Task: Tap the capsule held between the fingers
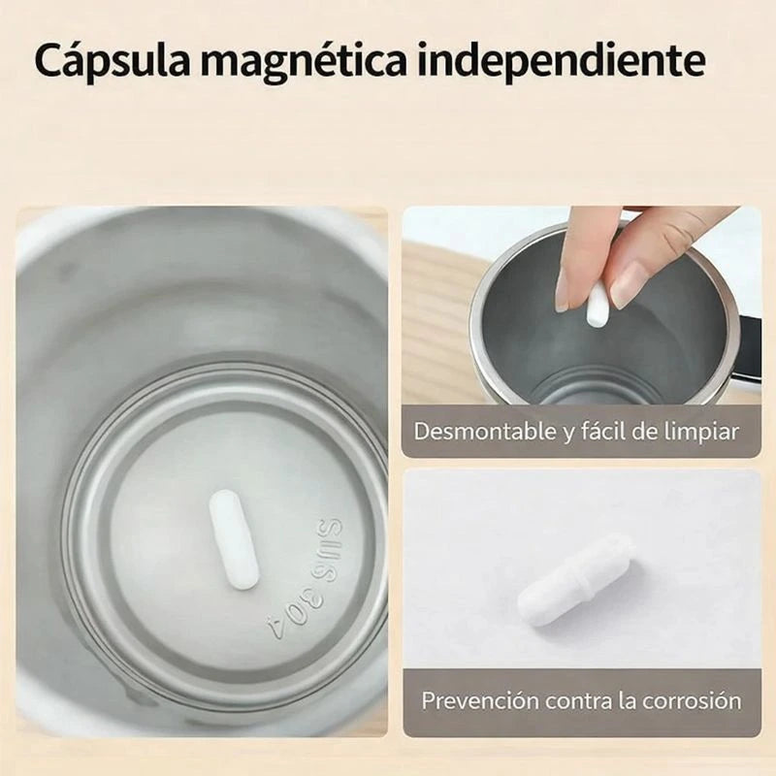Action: click(599, 301)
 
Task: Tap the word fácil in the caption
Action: click(607, 431)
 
